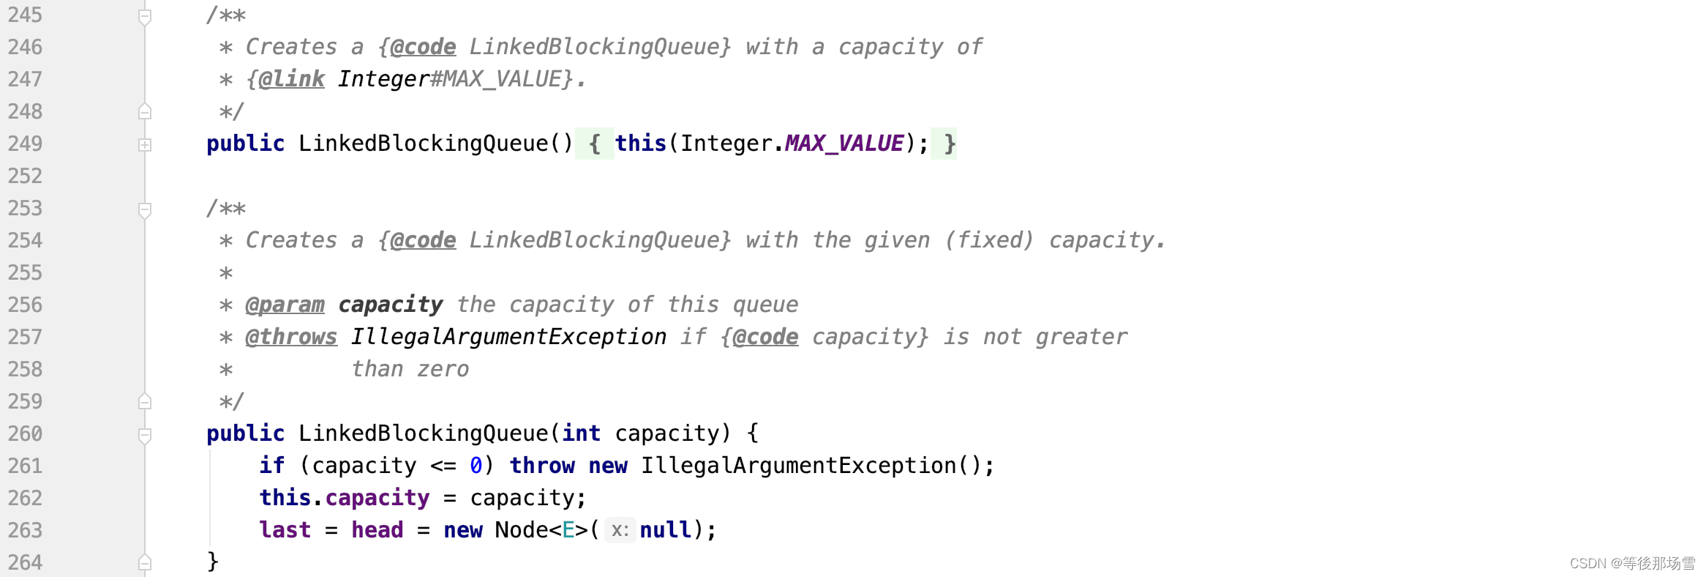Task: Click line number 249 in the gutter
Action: [x=25, y=144]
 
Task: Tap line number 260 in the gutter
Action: [x=25, y=433]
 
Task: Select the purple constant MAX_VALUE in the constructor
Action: [x=844, y=144]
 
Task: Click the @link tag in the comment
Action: [x=291, y=79]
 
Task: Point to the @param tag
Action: [x=285, y=305]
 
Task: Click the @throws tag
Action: [x=291, y=337]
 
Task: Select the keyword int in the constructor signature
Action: [x=581, y=433]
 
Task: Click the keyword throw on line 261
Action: [x=542, y=466]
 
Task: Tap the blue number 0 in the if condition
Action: [x=476, y=466]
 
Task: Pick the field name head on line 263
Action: [x=377, y=530]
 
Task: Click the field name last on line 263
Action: [x=285, y=530]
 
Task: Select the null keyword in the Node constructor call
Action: [x=665, y=530]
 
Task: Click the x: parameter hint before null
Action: [x=620, y=530]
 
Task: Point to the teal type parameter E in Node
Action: [x=568, y=530]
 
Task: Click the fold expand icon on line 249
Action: [x=145, y=145]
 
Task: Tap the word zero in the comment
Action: [x=443, y=369]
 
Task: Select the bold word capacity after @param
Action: [x=391, y=305]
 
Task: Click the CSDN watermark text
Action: [x=1632, y=563]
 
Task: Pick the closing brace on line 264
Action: [x=213, y=562]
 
